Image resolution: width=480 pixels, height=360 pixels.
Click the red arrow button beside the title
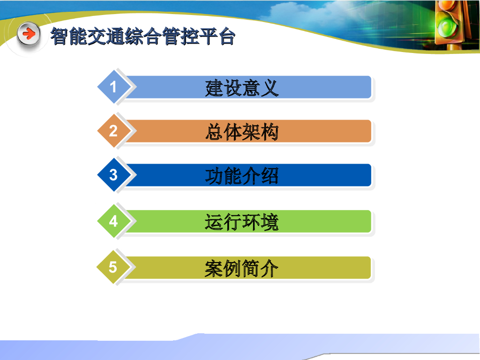tap(29, 34)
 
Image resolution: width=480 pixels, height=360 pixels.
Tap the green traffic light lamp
tap(448, 27)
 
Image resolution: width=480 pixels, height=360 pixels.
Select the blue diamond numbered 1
tap(114, 87)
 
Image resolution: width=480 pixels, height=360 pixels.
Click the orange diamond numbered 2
tap(114, 131)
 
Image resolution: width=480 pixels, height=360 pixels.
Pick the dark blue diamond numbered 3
tap(114, 175)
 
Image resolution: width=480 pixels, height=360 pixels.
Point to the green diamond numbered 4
tap(114, 221)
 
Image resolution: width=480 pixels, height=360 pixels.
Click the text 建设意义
tap(242, 88)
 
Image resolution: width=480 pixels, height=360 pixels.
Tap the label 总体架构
tap(242, 132)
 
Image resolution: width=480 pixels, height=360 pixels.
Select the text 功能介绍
tap(242, 176)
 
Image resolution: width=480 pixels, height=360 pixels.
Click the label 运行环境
tap(242, 222)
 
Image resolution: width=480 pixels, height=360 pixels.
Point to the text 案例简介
tap(241, 269)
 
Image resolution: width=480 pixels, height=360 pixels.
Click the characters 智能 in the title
tap(69, 36)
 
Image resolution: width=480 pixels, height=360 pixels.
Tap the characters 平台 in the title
tap(217, 36)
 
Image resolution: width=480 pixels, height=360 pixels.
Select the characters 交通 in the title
tap(106, 36)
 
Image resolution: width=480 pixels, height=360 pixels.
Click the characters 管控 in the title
tap(180, 36)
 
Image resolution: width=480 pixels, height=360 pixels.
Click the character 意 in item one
tap(251, 88)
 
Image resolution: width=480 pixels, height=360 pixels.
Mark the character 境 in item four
tap(270, 222)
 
